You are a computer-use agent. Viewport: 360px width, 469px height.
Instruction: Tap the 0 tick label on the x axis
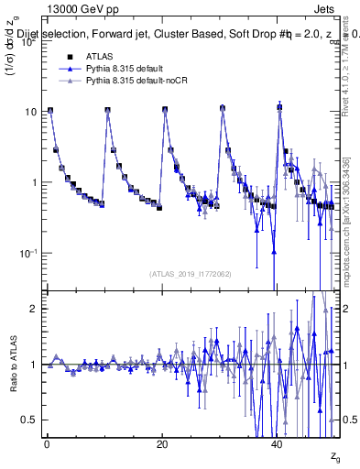pyautogui.click(x=47, y=444)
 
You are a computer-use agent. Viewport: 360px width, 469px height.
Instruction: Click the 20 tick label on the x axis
pyautogui.click(x=163, y=444)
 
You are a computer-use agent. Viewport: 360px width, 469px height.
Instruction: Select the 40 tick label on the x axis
pyautogui.click(x=278, y=444)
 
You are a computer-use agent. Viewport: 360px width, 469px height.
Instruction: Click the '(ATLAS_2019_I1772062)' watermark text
pyautogui.click(x=191, y=273)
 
